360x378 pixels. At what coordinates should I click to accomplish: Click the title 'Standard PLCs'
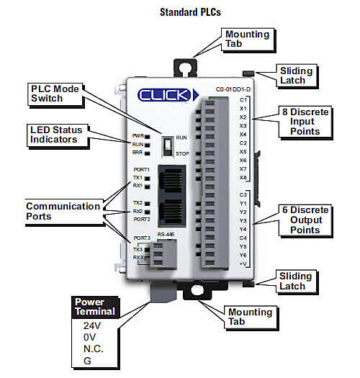click(181, 12)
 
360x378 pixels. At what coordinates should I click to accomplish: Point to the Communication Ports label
click(63, 211)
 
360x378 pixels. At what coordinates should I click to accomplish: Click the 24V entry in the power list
click(92, 325)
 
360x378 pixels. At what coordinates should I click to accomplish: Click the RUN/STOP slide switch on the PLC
click(168, 144)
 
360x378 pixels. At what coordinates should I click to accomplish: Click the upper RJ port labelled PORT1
click(175, 179)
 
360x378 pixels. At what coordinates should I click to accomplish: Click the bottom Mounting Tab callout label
click(250, 318)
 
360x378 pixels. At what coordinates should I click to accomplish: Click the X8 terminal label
click(243, 177)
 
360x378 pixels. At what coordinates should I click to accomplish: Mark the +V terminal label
click(243, 264)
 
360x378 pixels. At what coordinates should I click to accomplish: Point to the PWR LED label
click(137, 135)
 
